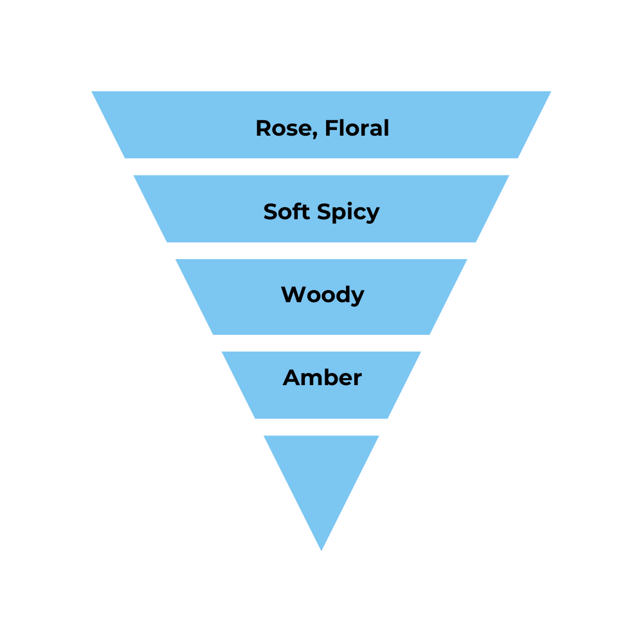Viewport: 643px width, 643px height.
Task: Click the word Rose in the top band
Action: point(283,129)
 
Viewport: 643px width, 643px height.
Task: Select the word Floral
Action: point(357,128)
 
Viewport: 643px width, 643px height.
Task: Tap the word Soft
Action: point(287,212)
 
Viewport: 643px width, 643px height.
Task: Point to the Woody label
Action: point(322,295)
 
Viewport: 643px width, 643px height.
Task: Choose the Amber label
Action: point(322,377)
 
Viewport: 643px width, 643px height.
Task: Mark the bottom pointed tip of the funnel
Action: point(321,550)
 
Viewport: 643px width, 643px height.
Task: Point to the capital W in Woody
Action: point(292,294)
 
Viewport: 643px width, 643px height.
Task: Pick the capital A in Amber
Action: point(291,377)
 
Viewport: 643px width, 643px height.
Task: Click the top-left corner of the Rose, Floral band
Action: point(92,91)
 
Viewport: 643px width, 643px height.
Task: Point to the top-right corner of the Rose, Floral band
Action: point(551,91)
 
